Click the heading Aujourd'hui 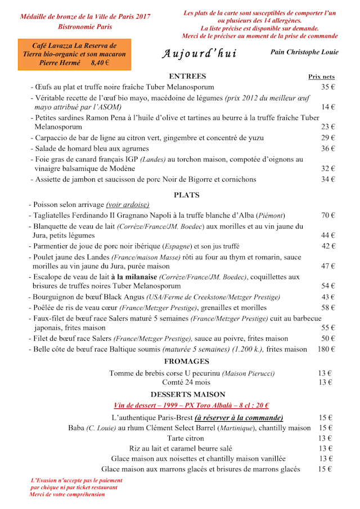(199, 54)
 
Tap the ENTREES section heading (187, 76)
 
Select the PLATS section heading (187, 195)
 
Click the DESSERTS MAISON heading (187, 395)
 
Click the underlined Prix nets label (321, 77)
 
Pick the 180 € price (326, 349)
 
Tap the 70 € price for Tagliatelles (328, 215)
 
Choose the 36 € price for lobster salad (328, 148)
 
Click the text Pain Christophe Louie (304, 52)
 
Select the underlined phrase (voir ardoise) (128, 205)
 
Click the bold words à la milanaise (134, 277)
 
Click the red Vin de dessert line (191, 406)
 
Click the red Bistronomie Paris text (85, 26)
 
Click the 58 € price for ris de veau (328, 308)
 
